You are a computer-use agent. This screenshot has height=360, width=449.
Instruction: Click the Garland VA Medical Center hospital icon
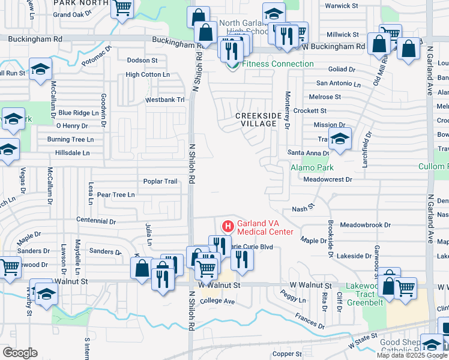click(228, 226)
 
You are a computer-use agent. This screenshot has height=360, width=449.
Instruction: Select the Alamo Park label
click(312, 167)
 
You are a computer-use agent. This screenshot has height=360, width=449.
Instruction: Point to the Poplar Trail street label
click(160, 181)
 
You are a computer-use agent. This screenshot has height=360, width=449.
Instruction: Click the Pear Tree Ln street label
click(115, 194)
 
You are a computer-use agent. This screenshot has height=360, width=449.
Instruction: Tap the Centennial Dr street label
click(96, 221)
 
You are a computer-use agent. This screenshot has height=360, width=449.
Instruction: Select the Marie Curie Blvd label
click(252, 246)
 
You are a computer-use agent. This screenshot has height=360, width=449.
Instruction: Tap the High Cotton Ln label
click(148, 74)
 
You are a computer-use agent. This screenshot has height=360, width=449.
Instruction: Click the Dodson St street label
click(142, 60)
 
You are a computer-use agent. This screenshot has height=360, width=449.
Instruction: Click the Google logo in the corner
click(20, 352)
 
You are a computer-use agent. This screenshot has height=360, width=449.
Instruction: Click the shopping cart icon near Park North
click(122, 8)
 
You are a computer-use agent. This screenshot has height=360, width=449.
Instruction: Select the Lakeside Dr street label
click(354, 256)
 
